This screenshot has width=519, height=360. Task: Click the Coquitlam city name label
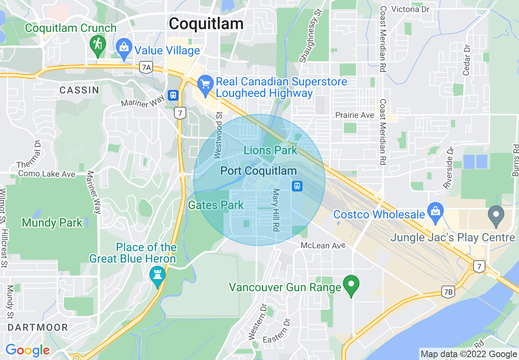point(206,24)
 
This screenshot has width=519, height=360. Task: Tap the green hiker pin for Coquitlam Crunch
point(98,45)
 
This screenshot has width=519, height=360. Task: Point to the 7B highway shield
point(449,292)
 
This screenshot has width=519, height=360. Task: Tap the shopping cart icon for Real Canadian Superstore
point(205,84)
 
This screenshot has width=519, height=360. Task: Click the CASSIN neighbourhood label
point(79,90)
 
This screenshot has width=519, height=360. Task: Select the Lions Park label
point(270,150)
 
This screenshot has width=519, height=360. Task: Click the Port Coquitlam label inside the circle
point(258,171)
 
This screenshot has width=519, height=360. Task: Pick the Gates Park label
point(216,205)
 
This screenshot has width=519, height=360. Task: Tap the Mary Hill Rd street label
point(275,210)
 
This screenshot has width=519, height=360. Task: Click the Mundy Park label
point(52,223)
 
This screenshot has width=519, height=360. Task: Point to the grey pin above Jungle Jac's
point(496,215)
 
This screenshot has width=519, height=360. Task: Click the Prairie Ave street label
point(355,115)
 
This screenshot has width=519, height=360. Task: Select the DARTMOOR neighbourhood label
point(38,327)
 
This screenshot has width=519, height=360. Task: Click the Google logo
point(27,350)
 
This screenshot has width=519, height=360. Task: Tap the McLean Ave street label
point(323,245)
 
